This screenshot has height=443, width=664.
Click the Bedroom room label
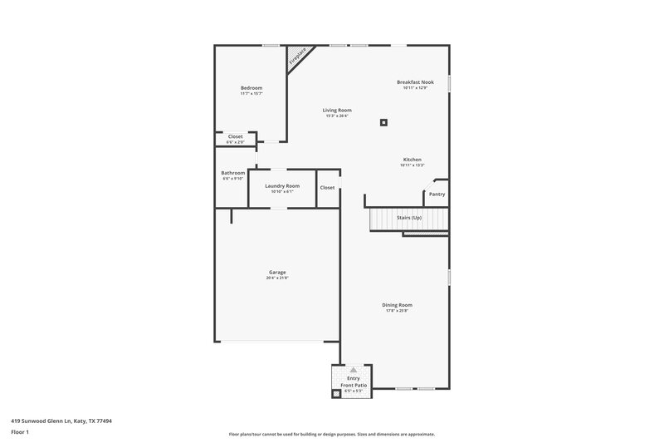pos(251,88)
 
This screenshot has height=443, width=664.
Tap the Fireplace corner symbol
pos(297,57)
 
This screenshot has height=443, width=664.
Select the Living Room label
pos(337,110)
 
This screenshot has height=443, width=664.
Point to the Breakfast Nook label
pos(415,82)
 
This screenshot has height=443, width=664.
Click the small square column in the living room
pos(383,122)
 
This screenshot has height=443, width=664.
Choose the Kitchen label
pos(413,159)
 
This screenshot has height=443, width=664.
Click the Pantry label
pos(437,194)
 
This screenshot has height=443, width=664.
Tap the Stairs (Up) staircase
pos(409,219)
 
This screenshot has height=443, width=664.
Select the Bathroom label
pos(232,173)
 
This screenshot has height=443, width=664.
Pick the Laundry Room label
pos(282,185)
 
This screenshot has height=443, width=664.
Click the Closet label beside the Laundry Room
pos(328,188)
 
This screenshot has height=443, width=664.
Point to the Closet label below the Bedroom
pos(235,136)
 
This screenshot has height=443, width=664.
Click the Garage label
pos(277,272)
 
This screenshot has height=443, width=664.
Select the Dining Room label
pos(397,305)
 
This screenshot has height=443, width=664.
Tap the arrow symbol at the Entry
pos(354,369)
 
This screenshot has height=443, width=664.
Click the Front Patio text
pos(354,385)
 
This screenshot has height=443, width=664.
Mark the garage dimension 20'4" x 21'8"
pos(277,278)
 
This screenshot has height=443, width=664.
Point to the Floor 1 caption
pos(20,433)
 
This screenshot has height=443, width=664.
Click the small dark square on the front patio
pos(337,394)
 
